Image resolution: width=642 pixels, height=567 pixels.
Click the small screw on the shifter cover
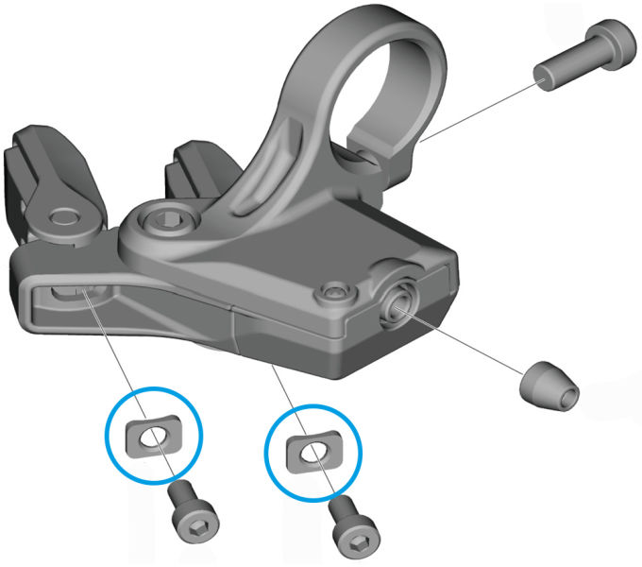(332, 287)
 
